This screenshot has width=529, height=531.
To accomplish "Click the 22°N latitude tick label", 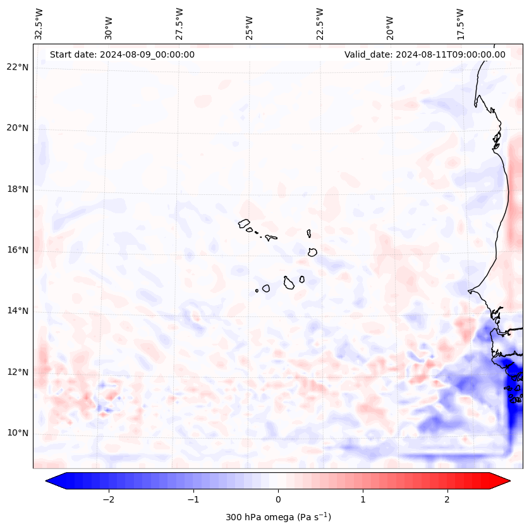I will [18, 67].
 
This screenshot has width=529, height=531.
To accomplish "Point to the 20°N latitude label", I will [18, 128].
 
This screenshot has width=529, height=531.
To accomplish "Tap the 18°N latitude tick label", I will [18, 189].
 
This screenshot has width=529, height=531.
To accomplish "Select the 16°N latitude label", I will [18, 250].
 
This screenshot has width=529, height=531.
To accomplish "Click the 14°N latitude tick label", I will [18, 311].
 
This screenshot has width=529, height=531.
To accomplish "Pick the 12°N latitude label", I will [18, 372].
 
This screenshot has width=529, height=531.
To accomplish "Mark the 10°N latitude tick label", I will [18, 433].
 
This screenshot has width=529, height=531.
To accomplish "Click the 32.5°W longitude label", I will [39, 23].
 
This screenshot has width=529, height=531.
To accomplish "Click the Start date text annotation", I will [122, 54].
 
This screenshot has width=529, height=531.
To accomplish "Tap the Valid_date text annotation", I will [425, 54].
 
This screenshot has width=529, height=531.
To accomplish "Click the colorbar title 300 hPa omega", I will [278, 517].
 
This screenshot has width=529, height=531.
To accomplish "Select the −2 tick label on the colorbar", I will [108, 499].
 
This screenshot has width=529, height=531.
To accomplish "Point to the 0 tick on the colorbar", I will [278, 499].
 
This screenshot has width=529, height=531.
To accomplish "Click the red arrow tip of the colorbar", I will [506, 481].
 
